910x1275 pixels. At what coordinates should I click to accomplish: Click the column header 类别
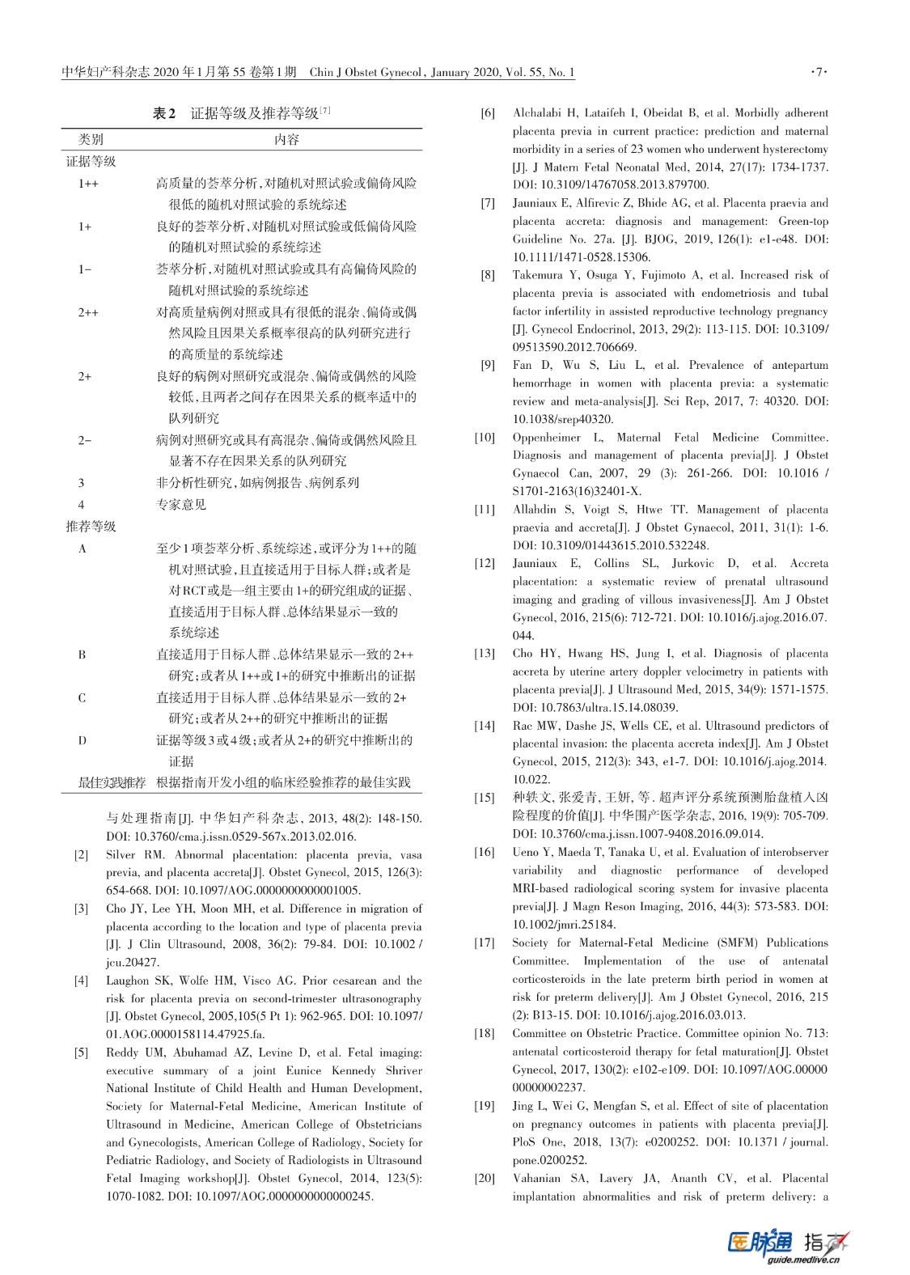point(91,139)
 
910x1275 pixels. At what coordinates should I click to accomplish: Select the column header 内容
point(286,139)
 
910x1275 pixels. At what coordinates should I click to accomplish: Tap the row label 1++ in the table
point(88,184)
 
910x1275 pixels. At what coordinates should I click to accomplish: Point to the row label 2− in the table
point(84,440)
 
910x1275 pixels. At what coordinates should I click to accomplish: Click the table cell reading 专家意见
point(181,504)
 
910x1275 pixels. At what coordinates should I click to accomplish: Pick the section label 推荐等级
point(91,527)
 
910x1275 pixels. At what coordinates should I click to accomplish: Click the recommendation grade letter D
point(83,740)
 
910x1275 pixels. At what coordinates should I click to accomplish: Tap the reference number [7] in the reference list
point(487,203)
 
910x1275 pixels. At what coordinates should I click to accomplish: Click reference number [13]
point(485,653)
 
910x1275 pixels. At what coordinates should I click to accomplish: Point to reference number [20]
point(485,1179)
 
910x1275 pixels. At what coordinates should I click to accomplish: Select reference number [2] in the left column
point(82,855)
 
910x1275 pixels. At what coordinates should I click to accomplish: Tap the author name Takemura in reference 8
point(537,275)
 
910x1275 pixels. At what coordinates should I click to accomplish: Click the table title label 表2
point(164,114)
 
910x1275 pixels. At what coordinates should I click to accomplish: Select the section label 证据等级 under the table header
point(91,161)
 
